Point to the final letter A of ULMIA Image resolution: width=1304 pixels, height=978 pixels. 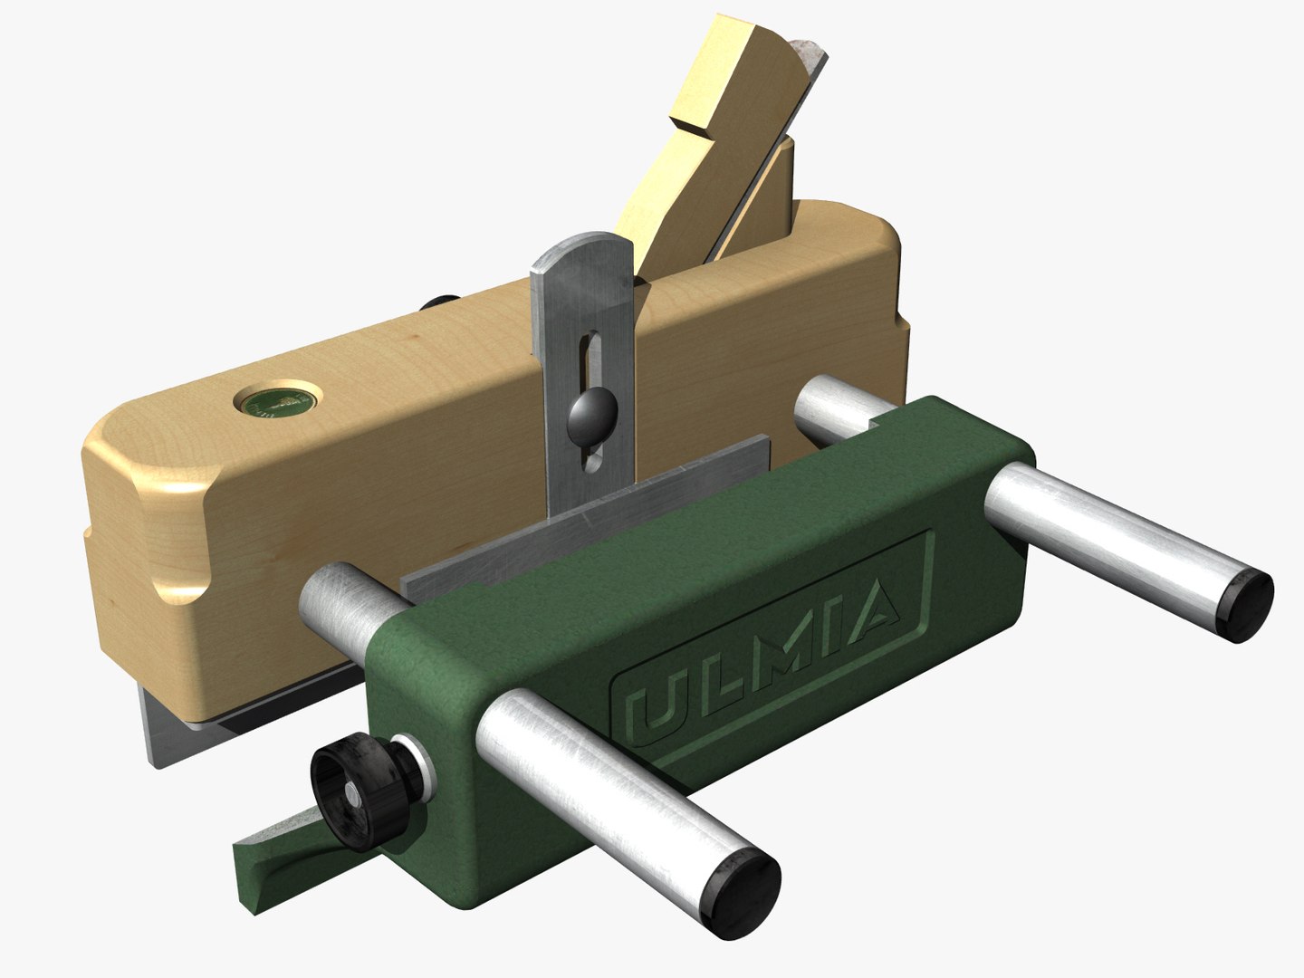pos(875,616)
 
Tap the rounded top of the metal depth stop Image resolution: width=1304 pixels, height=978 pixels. pos(580,254)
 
